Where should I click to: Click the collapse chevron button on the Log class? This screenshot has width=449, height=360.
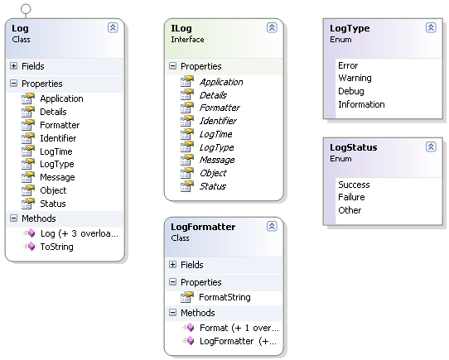(x=113, y=28)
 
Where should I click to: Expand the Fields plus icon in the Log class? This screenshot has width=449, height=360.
(x=13, y=66)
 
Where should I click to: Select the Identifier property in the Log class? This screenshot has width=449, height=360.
(x=58, y=138)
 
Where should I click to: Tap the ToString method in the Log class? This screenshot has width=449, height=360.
(x=56, y=247)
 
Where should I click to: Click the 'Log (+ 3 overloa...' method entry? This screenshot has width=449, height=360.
(x=80, y=233)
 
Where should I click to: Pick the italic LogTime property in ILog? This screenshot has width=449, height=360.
(x=215, y=134)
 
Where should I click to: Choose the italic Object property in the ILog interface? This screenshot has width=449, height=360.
(x=213, y=173)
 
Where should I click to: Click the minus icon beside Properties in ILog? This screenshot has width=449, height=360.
(x=172, y=66)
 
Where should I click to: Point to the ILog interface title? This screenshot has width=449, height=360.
(x=181, y=28)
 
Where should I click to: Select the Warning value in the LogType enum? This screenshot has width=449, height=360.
(x=355, y=78)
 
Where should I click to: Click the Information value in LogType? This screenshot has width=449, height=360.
(x=361, y=104)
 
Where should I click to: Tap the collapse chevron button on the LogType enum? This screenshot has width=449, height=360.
(x=431, y=28)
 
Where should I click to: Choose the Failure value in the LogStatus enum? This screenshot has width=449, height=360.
(x=351, y=197)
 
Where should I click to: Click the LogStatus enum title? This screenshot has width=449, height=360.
(x=354, y=147)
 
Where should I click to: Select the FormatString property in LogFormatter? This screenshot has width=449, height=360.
(x=224, y=297)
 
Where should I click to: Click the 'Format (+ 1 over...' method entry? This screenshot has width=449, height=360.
(x=239, y=328)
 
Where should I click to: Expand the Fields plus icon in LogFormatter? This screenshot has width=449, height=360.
(x=172, y=265)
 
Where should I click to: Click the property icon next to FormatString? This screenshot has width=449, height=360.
(x=187, y=297)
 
